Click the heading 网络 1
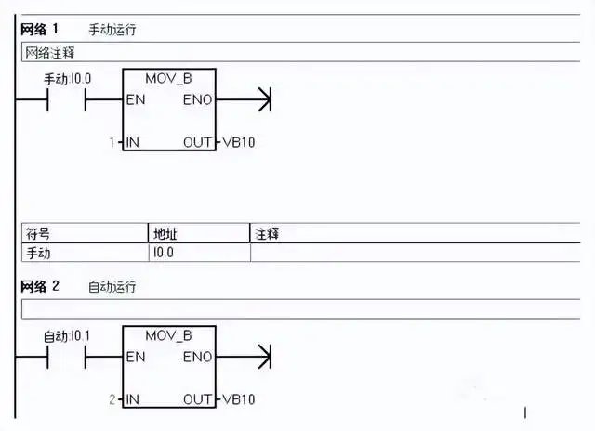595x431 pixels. click(x=40, y=30)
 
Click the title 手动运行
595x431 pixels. click(x=112, y=31)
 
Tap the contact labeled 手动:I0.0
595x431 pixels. click(x=66, y=98)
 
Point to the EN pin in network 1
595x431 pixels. click(x=135, y=98)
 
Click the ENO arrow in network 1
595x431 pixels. click(x=262, y=98)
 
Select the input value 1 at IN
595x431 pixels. click(x=112, y=142)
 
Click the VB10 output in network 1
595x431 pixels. click(x=239, y=142)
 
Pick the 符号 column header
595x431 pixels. click(x=38, y=233)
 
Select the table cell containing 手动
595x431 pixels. click(x=38, y=252)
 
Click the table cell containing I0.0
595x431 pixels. click(x=163, y=252)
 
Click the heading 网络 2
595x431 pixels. click(x=40, y=286)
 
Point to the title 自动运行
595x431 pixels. click(x=112, y=287)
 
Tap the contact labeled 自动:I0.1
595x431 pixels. click(x=66, y=356)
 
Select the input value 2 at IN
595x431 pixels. click(x=112, y=399)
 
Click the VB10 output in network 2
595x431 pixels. click(x=239, y=399)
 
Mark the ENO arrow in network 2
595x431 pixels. click(x=262, y=356)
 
